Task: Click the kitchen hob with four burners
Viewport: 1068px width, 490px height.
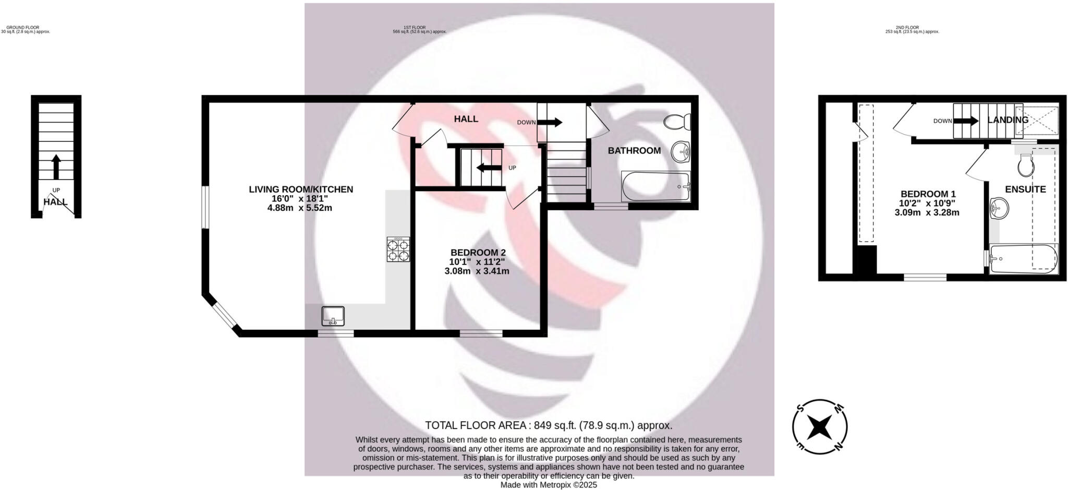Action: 398,249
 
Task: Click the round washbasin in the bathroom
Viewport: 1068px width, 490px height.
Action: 681,152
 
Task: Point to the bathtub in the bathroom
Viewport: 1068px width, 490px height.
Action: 656,186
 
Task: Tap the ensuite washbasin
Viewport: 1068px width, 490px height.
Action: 999,208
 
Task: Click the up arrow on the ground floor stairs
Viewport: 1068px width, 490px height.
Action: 56,166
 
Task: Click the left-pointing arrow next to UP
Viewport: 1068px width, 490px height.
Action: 488,168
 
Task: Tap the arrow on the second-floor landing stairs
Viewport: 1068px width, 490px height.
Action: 966,121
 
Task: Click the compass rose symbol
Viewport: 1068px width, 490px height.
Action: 820,427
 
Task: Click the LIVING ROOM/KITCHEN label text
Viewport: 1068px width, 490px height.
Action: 301,189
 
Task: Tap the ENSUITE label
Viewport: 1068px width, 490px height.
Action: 1025,189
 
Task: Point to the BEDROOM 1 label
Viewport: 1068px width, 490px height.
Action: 928,194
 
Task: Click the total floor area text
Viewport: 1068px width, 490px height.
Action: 549,425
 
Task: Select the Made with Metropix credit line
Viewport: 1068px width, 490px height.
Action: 549,485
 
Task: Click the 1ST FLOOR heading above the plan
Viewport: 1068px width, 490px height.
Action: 415,28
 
